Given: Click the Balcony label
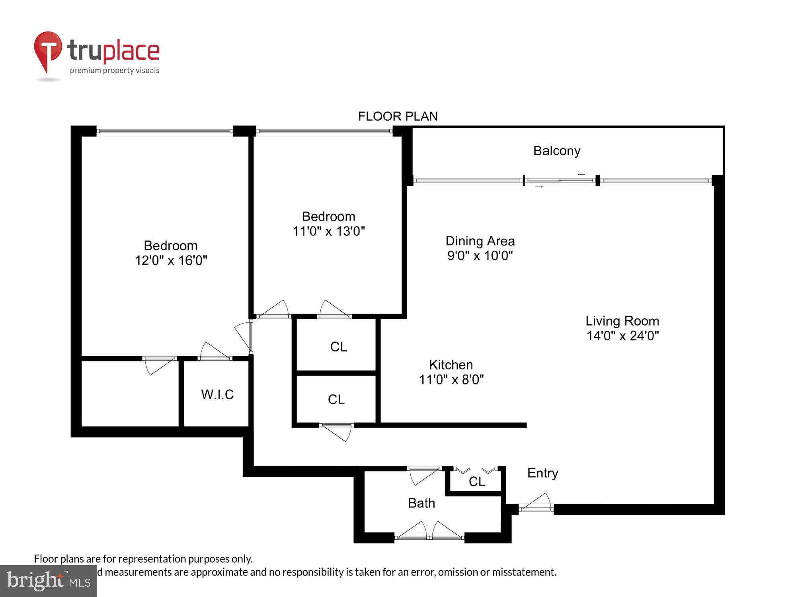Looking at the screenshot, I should tap(556, 151).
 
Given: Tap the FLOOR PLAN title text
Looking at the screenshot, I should tap(398, 116).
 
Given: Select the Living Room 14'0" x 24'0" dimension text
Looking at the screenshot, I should tap(622, 336).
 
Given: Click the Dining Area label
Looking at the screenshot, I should tap(480, 241).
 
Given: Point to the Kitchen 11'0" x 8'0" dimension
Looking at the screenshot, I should tap(451, 380).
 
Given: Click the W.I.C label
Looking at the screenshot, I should tap(217, 394).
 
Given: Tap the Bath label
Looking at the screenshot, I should tap(421, 503).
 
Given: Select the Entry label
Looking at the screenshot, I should tap(542, 473).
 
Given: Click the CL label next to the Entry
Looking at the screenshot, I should tap(477, 482).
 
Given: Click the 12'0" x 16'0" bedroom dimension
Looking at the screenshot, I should tap(171, 260).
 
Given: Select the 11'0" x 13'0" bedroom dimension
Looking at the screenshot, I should tap(329, 231).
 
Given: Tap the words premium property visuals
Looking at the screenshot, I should tap(115, 70).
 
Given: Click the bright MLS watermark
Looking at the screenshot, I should tap(49, 581).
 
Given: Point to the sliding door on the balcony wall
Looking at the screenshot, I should tap(560, 181).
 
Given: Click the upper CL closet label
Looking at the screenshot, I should tap(338, 347).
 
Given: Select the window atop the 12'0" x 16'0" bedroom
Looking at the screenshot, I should tap(164, 131).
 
